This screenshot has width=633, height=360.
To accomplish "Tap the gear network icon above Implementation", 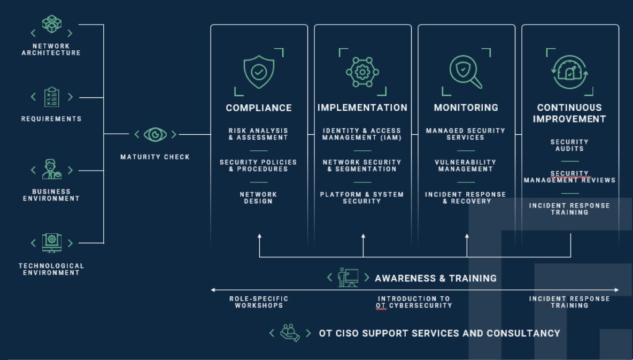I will pyautogui.click(x=362, y=72).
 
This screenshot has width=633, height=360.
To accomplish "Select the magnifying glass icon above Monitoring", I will pyautogui.click(x=466, y=72).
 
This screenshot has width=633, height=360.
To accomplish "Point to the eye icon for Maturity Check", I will pyautogui.click(x=155, y=135).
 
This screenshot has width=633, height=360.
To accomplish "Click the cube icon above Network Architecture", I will pyautogui.click(x=52, y=25).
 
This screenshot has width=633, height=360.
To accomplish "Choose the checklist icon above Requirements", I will pyautogui.click(x=52, y=97).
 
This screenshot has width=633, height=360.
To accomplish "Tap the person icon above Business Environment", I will pyautogui.click(x=52, y=170).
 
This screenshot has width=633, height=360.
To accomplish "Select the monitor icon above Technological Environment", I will pyautogui.click(x=52, y=243).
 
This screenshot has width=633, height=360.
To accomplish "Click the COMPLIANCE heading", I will pyautogui.click(x=259, y=108).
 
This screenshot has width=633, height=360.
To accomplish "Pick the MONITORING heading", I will pyautogui.click(x=466, y=108).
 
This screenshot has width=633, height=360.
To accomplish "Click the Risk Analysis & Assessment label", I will pyautogui.click(x=259, y=134).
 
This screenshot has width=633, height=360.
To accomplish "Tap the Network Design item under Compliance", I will pyautogui.click(x=259, y=198).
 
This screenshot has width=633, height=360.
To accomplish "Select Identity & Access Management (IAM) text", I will pyautogui.click(x=362, y=134).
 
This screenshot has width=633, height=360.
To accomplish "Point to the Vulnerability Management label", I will pyautogui.click(x=466, y=166).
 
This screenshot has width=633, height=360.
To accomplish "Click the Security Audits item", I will pyautogui.click(x=569, y=145).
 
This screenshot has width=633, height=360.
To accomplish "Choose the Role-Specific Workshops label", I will pyautogui.click(x=259, y=302).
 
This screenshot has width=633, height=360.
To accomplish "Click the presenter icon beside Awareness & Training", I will pyautogui.click(x=348, y=278).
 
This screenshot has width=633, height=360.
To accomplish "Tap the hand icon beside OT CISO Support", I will pyautogui.click(x=290, y=332).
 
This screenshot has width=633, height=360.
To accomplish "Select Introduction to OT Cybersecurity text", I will pyautogui.click(x=414, y=302).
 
